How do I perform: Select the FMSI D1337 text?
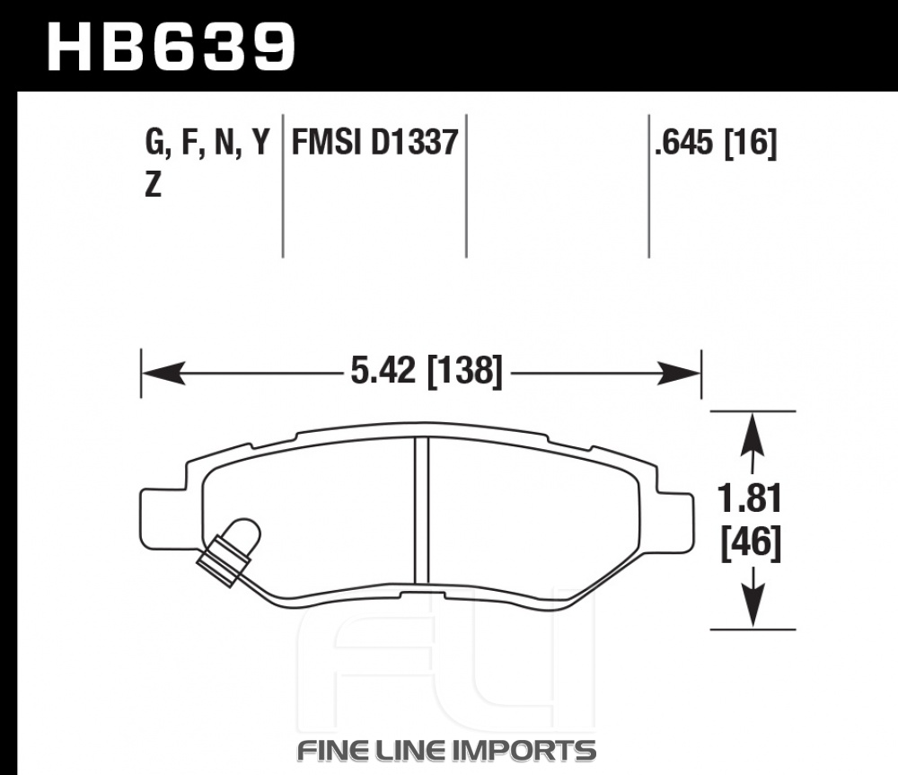click(x=375, y=142)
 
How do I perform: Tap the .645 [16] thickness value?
click(x=716, y=142)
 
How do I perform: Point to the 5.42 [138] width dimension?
click(x=426, y=371)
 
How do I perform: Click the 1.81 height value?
click(x=750, y=498)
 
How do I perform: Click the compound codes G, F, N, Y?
click(x=207, y=143)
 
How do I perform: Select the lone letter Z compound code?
click(x=153, y=185)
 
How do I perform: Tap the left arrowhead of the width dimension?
click(x=163, y=374)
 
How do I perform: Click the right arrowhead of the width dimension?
click(x=679, y=374)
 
